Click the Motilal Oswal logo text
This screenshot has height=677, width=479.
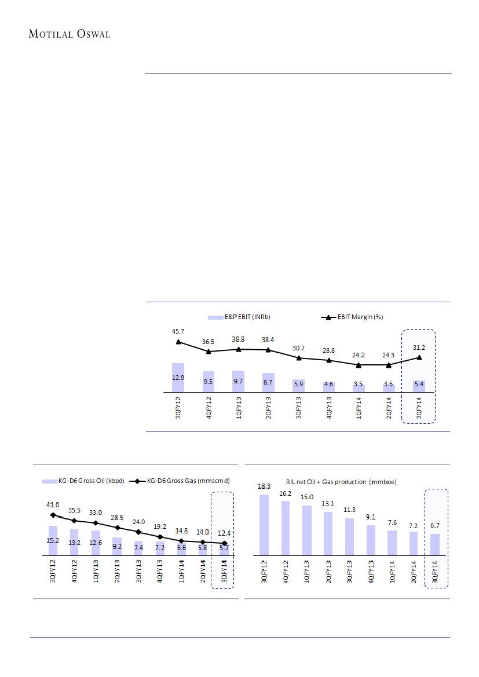click(x=69, y=34)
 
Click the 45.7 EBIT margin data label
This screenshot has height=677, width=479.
click(x=178, y=331)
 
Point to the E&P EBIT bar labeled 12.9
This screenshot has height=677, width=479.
click(x=178, y=378)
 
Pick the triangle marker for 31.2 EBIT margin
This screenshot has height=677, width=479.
click(x=419, y=357)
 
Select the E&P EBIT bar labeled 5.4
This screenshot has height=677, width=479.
click(x=419, y=386)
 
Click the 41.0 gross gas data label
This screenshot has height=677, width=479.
click(x=53, y=505)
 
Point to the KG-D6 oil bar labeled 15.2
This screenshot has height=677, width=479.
click(x=53, y=540)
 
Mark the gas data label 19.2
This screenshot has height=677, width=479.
click(x=160, y=527)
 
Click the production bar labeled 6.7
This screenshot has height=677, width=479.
click(x=435, y=544)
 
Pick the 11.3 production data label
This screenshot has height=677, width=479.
click(x=350, y=510)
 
